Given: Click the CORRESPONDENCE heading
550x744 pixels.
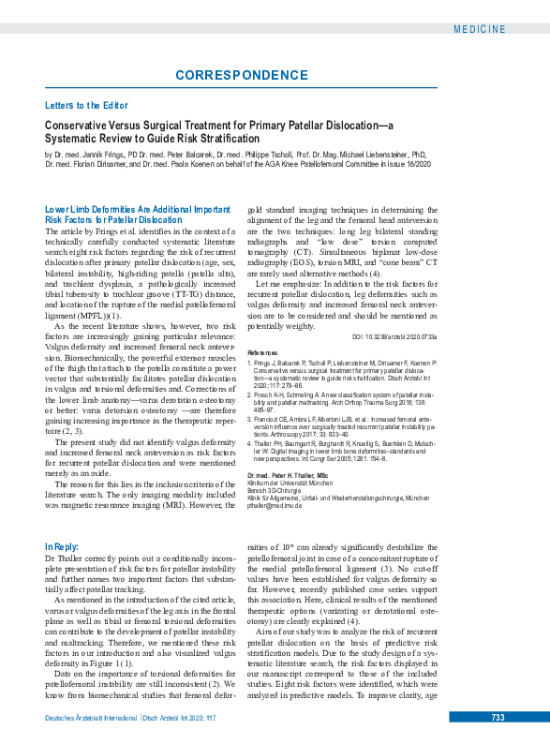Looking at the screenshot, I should [241, 74].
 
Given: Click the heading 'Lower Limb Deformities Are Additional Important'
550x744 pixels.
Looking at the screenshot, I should [137, 209].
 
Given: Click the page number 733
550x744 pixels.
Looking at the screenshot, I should [497, 717].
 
